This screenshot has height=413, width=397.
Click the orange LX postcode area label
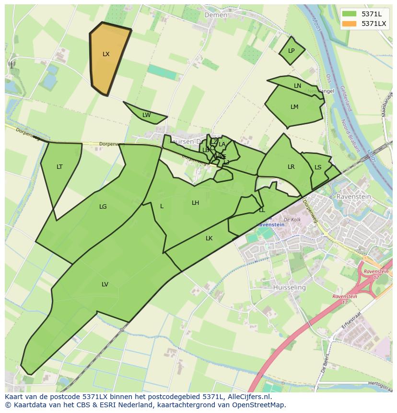click(x=106, y=54)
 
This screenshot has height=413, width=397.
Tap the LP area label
click(x=291, y=51)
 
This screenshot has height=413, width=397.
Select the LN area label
click(x=297, y=86)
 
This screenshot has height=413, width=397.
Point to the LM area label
click(x=294, y=107)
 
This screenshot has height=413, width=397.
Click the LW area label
click(x=146, y=115)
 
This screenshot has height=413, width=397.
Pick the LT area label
click(x=59, y=167)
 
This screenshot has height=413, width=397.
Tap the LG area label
click(x=103, y=207)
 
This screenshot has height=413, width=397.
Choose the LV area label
click(x=105, y=284)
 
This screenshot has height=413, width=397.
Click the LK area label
click(x=209, y=238)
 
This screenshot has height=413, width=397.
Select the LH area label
click(x=195, y=203)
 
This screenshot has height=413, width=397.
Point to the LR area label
click(x=291, y=167)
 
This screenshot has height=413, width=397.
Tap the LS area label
click(x=318, y=167)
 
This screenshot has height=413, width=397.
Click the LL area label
click(x=262, y=210)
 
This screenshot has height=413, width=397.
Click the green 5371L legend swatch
click(x=350, y=13)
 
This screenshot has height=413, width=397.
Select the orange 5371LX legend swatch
click(x=350, y=23)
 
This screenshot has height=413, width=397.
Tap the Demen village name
click(x=216, y=15)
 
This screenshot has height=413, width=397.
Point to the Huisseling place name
click(x=289, y=287)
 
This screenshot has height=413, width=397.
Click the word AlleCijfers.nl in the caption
click(x=247, y=397)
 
